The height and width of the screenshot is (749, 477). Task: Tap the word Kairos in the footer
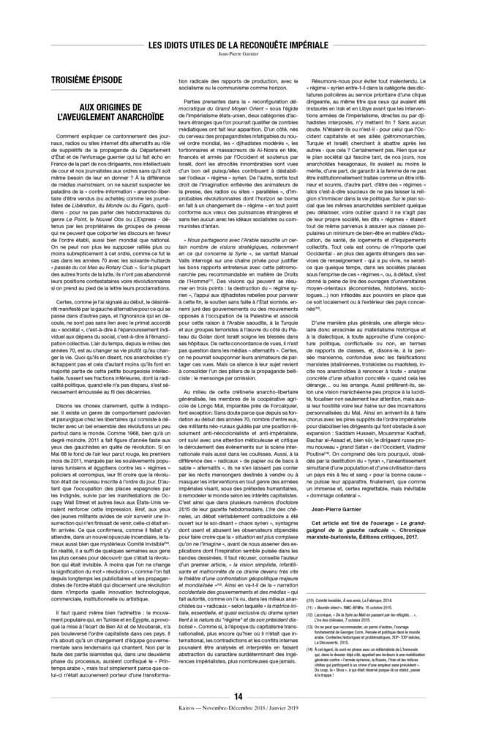pos(176,728)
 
